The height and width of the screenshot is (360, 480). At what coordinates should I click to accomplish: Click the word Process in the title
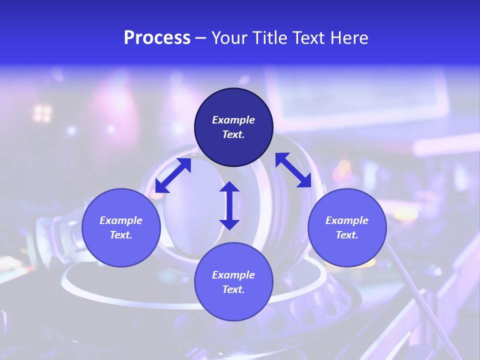(x=157, y=38)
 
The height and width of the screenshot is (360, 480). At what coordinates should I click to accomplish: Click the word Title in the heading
(x=270, y=38)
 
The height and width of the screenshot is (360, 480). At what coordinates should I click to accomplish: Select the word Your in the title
(x=229, y=38)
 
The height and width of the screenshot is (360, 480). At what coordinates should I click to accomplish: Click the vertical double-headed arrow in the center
(x=229, y=206)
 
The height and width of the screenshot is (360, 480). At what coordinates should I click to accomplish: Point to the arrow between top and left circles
(x=173, y=175)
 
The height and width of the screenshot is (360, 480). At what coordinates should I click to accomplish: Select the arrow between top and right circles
(x=293, y=170)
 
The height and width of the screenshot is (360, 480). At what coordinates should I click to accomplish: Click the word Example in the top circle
(x=233, y=120)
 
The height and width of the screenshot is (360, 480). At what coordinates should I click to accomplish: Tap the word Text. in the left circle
(x=121, y=235)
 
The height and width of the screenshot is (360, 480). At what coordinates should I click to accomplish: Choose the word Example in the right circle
(x=347, y=220)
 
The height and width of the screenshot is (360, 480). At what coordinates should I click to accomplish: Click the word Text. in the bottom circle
(x=233, y=289)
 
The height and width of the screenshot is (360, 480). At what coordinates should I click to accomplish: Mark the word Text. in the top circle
(x=233, y=134)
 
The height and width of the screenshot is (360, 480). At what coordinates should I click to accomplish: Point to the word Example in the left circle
(x=121, y=220)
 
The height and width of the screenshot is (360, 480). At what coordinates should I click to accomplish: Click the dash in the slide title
(x=201, y=38)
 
